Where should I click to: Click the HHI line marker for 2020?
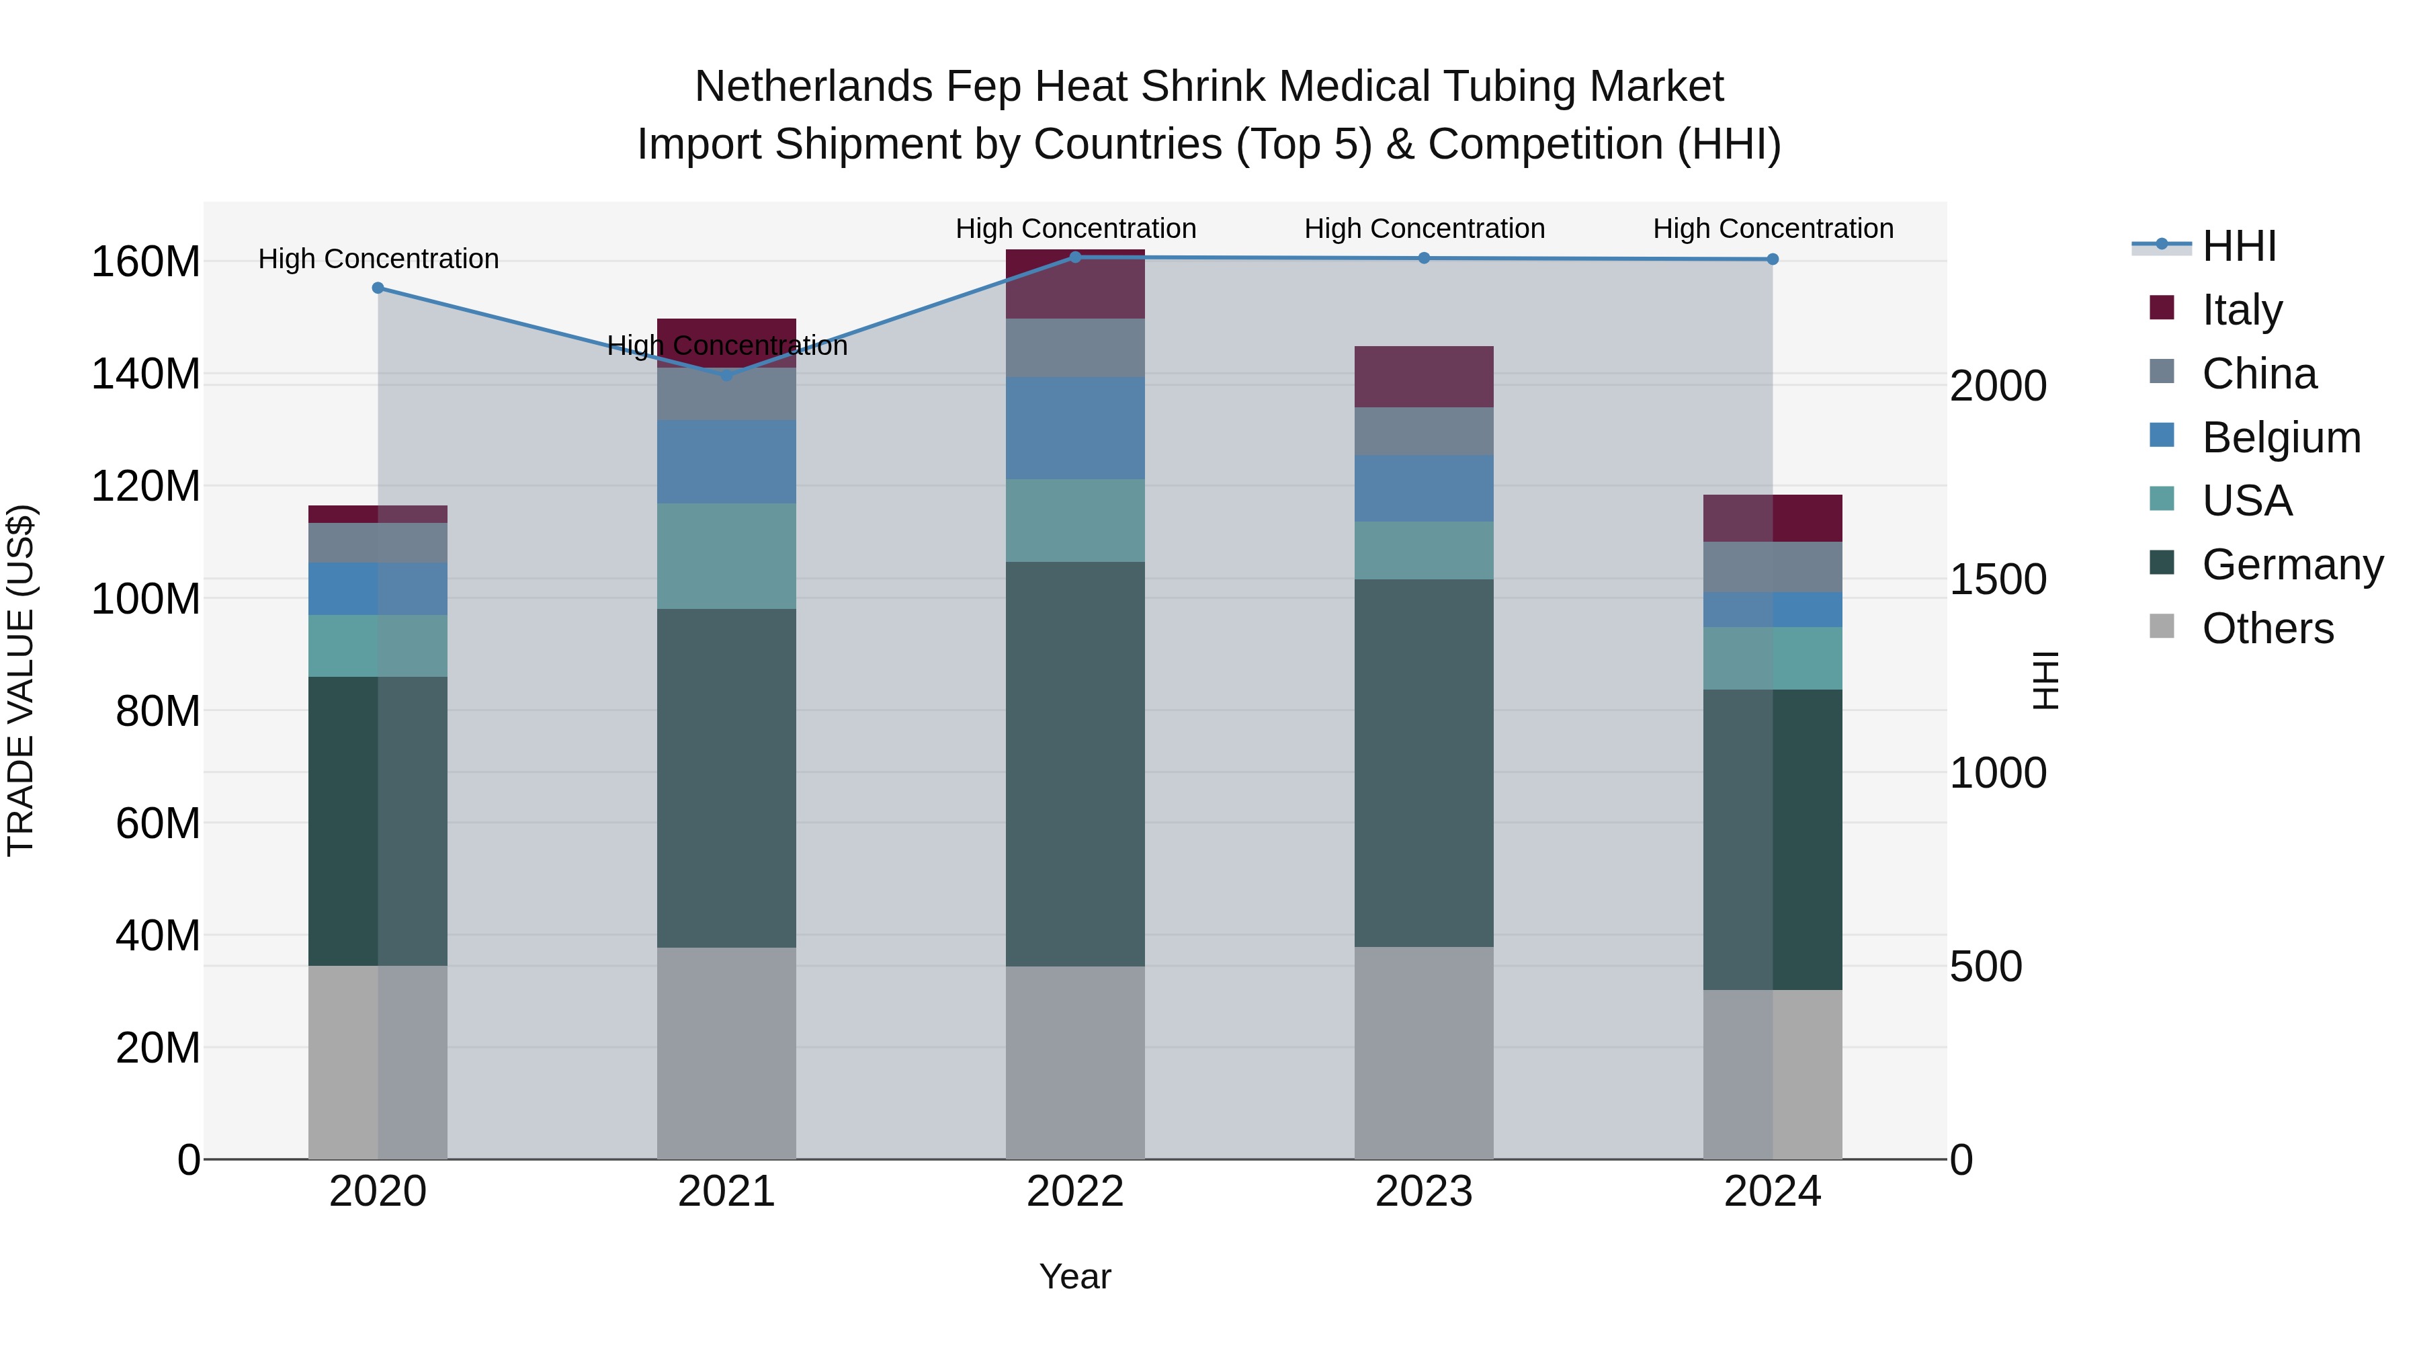point(378,288)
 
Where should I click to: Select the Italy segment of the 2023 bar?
point(1424,376)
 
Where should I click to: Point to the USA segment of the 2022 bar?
point(1075,520)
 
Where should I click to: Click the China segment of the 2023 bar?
point(1424,431)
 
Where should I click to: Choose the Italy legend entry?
point(2242,310)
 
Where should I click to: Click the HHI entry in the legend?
point(2239,246)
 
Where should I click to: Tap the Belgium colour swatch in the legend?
point(2162,436)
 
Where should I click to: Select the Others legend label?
point(2268,628)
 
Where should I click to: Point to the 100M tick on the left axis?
point(146,598)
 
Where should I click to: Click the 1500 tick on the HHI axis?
point(1998,579)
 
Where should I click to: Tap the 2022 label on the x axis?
point(1075,1192)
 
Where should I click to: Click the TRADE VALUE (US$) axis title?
point(22,680)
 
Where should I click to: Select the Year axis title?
point(1075,1276)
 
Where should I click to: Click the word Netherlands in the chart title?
point(813,87)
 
